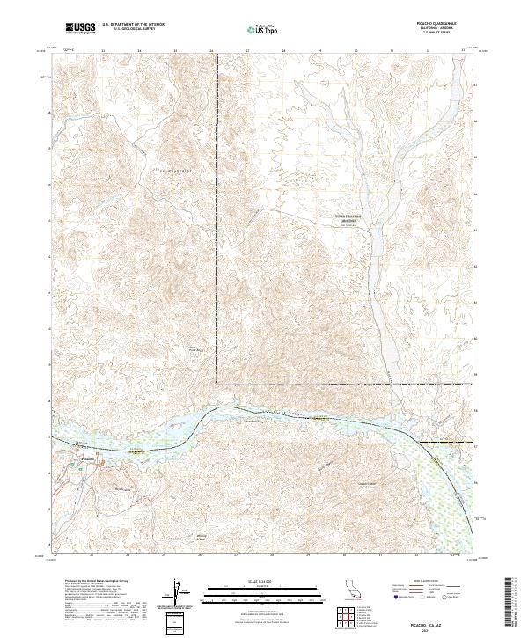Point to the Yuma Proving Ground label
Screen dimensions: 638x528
coord(341,219)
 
